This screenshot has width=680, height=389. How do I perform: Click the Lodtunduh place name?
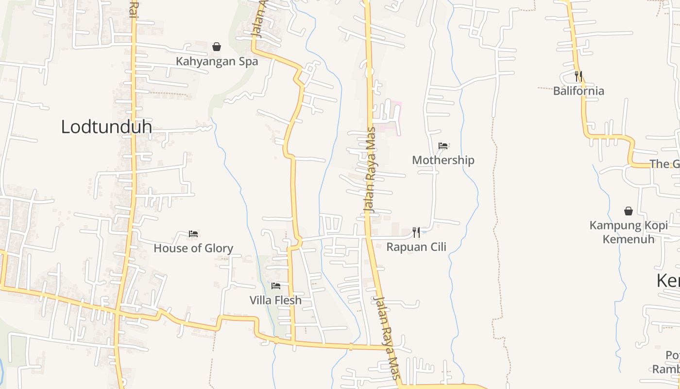click(106, 127)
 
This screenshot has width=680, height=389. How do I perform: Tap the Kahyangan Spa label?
click(217, 62)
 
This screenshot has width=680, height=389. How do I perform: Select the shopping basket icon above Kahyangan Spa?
click(217, 47)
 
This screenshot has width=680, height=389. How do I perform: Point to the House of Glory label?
click(193, 248)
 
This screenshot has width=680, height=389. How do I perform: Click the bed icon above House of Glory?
click(193, 234)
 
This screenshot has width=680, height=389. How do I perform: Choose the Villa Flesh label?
click(275, 301)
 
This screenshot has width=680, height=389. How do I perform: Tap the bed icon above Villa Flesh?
click(276, 286)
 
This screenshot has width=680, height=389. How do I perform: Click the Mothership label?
click(443, 160)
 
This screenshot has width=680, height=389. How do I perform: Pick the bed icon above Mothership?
click(443, 145)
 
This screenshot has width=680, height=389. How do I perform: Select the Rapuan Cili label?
click(416, 247)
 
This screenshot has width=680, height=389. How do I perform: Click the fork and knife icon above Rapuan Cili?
click(416, 232)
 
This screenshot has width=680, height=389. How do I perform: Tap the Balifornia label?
click(578, 91)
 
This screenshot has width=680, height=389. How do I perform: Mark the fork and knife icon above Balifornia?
click(578, 76)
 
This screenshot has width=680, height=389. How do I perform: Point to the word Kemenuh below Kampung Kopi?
click(629, 239)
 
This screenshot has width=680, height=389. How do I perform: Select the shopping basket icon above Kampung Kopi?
click(629, 211)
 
